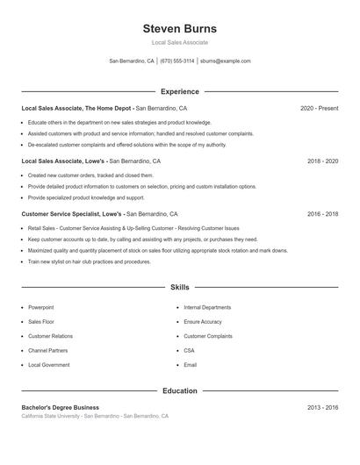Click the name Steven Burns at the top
click(179, 28)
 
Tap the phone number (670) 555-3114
click(176, 61)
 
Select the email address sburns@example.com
click(226, 61)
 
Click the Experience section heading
click(179, 91)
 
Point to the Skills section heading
click(179, 287)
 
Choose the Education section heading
click(179, 390)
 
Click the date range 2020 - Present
click(319, 108)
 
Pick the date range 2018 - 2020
click(323, 161)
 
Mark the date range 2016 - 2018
click(323, 213)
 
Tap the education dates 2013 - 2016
click(323, 407)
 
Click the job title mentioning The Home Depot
click(77, 108)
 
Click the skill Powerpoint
click(40, 308)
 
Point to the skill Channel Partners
click(47, 350)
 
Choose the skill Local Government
click(48, 364)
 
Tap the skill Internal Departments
click(207, 308)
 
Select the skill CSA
click(189, 350)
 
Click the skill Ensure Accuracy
click(203, 322)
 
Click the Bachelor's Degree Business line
click(60, 407)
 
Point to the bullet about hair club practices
click(89, 261)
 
